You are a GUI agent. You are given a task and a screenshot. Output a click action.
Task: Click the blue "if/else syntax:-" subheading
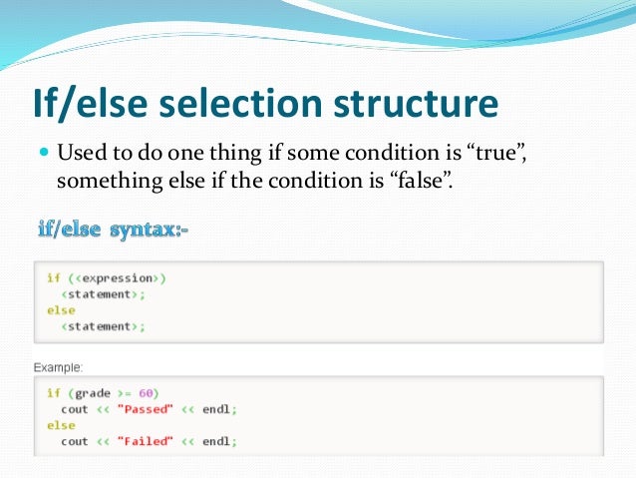point(112,232)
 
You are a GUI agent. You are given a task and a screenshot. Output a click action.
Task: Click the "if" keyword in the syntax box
point(53,278)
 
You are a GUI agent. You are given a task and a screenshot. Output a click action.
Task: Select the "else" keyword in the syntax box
point(60,310)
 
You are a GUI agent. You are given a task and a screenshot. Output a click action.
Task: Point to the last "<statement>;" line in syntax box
point(99,326)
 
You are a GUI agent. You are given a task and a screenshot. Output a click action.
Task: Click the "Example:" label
point(59,367)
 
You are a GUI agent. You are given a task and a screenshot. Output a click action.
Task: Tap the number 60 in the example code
point(149,393)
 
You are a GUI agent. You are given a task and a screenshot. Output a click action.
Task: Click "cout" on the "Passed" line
point(75,409)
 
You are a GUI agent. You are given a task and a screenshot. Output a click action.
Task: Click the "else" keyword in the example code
point(60,425)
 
